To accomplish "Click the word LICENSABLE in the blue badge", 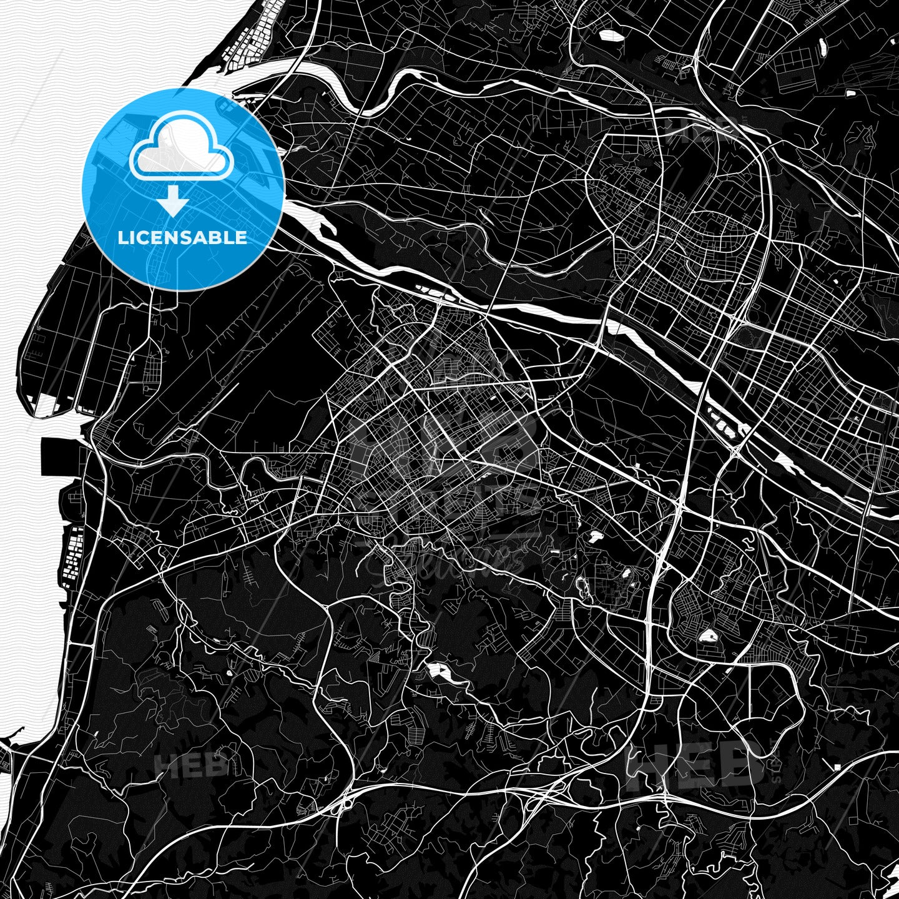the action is tap(183, 238).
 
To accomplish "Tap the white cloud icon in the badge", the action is tap(181, 150).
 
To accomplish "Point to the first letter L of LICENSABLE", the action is tap(122, 238).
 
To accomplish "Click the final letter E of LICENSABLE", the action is tap(242, 238).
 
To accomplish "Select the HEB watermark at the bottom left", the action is tap(191, 764).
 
